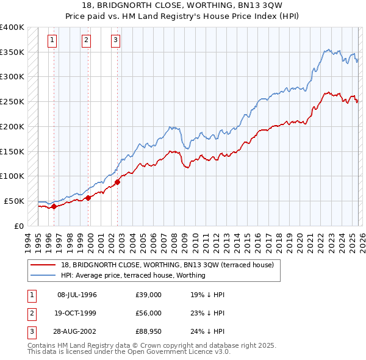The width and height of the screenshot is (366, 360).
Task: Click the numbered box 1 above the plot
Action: tap(53, 41)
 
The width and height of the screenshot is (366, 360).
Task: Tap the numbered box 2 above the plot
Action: tap(86, 41)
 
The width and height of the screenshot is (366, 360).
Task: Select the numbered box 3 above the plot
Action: tap(115, 41)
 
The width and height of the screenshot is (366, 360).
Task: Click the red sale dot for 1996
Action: tap(54, 206)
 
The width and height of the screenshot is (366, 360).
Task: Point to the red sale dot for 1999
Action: tap(88, 198)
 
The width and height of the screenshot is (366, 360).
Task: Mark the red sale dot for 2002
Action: tap(118, 181)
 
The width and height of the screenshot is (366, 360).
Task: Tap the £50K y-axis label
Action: tap(14, 201)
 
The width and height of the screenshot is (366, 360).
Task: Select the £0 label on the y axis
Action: tap(19, 226)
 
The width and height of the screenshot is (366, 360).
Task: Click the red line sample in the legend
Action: tap(44, 265)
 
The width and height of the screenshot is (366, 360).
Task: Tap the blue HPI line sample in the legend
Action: tap(44, 275)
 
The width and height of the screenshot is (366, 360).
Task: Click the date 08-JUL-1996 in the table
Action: tap(77, 295)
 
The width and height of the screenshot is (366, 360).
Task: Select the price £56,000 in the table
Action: tap(149, 312)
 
